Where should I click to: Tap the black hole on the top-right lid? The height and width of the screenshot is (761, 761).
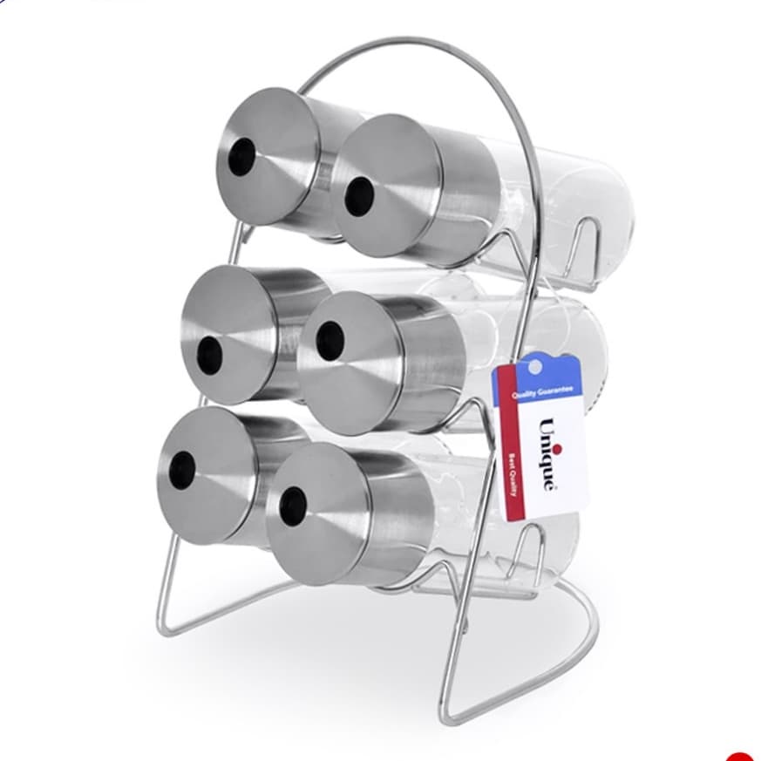click(x=359, y=195)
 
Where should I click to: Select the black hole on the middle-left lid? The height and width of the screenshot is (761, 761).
click(x=210, y=356)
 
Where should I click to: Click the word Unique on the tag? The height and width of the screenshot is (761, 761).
click(x=546, y=454)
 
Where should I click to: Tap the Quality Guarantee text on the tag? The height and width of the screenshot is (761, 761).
click(x=542, y=392)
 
